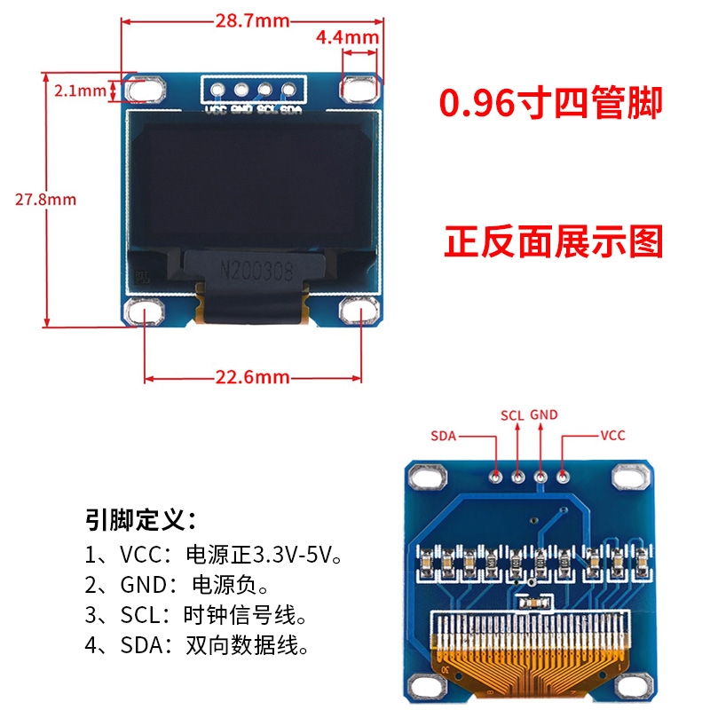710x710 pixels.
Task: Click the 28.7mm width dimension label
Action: tap(251, 21)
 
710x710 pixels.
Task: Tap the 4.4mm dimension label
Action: tap(347, 37)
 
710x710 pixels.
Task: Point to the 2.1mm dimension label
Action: tap(80, 90)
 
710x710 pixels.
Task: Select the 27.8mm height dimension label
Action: tap(45, 199)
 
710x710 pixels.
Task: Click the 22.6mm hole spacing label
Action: tap(253, 377)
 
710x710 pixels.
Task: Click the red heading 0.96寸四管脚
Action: tap(552, 104)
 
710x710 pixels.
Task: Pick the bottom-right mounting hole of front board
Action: tap(359, 312)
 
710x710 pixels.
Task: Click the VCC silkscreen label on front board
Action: tap(216, 110)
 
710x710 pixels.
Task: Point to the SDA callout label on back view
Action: tap(444, 436)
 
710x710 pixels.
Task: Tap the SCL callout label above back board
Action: tap(512, 414)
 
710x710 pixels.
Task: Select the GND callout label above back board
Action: tap(543, 414)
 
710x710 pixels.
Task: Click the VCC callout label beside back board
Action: tap(613, 436)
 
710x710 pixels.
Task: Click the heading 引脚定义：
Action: tap(140, 518)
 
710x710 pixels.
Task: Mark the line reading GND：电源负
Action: tap(177, 586)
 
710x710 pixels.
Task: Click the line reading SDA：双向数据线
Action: tap(201, 646)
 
